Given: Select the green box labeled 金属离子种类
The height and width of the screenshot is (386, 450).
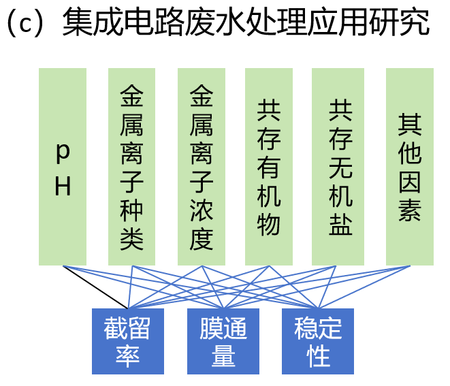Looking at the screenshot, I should tap(132, 167).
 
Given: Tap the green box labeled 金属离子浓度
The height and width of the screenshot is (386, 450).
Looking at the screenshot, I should tap(202, 167).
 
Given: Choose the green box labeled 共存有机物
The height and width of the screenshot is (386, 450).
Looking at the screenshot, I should tap(269, 167).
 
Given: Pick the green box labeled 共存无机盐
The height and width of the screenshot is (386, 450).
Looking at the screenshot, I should tap(338, 167).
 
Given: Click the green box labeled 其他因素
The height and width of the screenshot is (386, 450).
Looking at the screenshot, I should tap(409, 167).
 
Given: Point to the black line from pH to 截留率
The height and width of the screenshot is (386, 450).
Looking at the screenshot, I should tap(95, 287).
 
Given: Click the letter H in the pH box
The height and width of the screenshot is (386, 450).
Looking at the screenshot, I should tap(63, 186).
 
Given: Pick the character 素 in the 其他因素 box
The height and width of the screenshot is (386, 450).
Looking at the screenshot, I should tap(410, 212).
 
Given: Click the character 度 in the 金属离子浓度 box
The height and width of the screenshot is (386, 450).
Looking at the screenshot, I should tap(202, 239).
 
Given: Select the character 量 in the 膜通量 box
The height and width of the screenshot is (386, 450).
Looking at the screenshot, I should tap(223, 357).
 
